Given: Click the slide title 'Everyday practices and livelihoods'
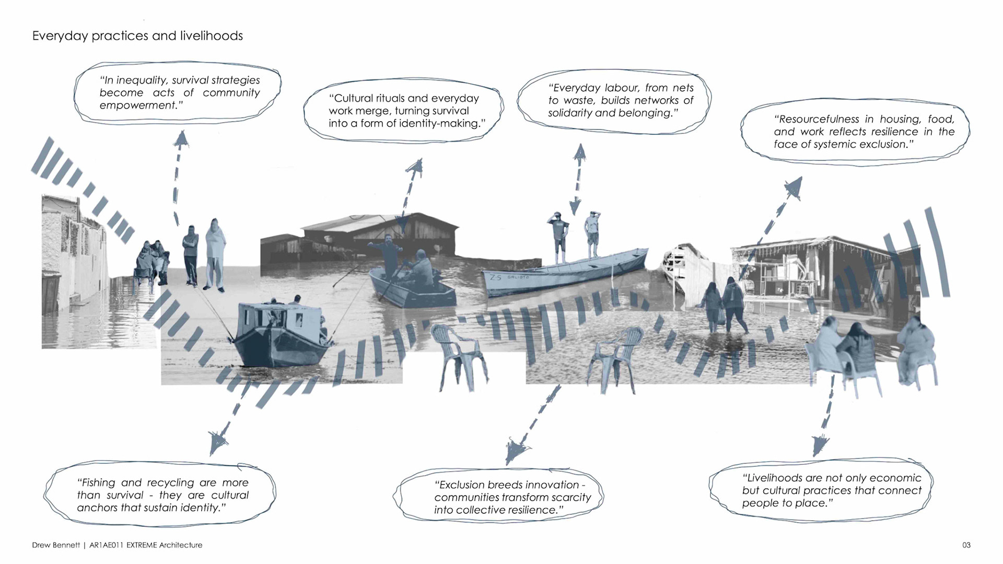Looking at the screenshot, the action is click(x=137, y=36).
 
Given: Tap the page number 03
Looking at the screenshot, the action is click(x=966, y=545).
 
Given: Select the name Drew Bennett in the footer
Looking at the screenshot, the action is click(x=56, y=545).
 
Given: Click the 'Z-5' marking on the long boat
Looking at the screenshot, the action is click(x=495, y=277).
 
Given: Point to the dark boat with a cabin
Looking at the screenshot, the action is click(x=277, y=334).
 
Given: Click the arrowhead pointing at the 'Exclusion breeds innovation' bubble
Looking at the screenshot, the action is click(x=516, y=450).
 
